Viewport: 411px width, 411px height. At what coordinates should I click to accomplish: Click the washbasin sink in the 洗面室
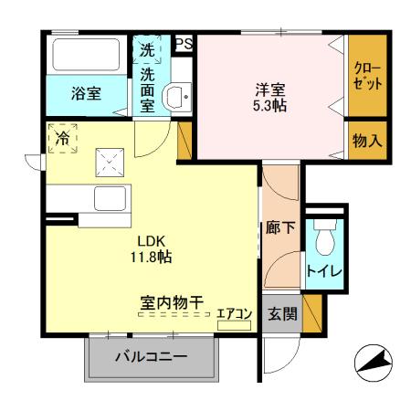tap(176, 96)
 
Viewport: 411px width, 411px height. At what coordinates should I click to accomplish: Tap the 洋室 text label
tap(269, 90)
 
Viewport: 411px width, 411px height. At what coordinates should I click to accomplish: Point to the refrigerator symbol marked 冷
tap(62, 139)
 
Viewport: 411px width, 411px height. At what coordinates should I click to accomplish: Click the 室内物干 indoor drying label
tap(171, 300)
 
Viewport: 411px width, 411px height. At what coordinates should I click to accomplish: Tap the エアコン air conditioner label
tap(233, 313)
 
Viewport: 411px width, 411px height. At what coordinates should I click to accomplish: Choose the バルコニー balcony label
tap(151, 357)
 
